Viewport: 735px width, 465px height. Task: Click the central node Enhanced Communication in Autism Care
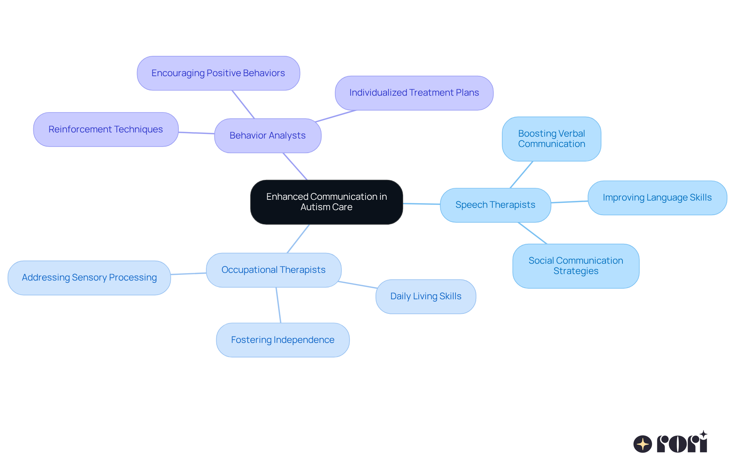click(327, 202)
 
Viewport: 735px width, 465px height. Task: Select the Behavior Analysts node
click(268, 135)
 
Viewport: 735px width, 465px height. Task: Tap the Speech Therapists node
click(495, 205)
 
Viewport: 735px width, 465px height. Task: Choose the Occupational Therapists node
click(274, 270)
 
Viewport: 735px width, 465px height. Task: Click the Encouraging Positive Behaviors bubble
click(218, 73)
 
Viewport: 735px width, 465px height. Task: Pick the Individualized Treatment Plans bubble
click(414, 93)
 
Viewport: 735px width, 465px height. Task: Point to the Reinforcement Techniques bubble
click(106, 129)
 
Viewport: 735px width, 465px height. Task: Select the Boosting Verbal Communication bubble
click(552, 139)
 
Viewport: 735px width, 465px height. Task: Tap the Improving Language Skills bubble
click(657, 197)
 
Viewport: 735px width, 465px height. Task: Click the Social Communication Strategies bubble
click(576, 266)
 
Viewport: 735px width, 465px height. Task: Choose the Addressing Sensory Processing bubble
click(89, 278)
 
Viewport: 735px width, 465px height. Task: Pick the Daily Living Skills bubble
click(426, 297)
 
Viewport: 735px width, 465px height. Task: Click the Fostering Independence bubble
click(283, 340)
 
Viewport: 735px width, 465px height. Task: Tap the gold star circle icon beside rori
click(643, 444)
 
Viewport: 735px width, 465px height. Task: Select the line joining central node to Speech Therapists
click(421, 204)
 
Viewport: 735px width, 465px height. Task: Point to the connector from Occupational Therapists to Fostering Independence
click(278, 305)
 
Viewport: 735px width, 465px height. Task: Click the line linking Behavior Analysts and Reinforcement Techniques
click(196, 133)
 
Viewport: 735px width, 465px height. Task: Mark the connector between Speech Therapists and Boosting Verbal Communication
click(521, 175)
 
